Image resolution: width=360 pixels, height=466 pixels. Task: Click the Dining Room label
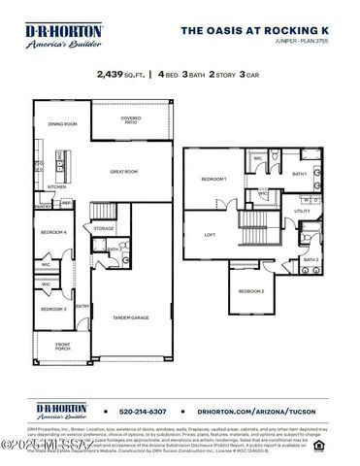coord(62,124)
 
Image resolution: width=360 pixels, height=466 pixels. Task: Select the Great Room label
coord(123,172)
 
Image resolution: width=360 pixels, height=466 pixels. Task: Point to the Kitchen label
coord(57,187)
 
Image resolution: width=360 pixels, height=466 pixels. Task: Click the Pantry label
coord(43,206)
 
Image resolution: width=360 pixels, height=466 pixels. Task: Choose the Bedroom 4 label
coord(53,232)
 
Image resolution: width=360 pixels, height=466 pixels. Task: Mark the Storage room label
coord(104,228)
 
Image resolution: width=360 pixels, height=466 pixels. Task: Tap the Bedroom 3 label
coord(53,309)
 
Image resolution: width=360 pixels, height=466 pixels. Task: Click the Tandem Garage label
coord(130,317)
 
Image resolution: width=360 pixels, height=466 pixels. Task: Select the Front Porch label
coord(63,347)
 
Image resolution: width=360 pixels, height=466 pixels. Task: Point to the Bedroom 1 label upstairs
coord(213,180)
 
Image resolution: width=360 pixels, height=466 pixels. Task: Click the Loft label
coord(209,234)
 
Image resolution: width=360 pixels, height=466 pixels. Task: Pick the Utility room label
coord(302,211)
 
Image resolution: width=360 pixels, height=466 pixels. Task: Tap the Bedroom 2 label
coord(251,291)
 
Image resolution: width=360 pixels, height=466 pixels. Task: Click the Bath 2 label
coord(311,259)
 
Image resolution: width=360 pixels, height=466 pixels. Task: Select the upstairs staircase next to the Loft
coord(254,233)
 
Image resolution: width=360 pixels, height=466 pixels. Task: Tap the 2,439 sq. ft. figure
coord(122,73)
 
